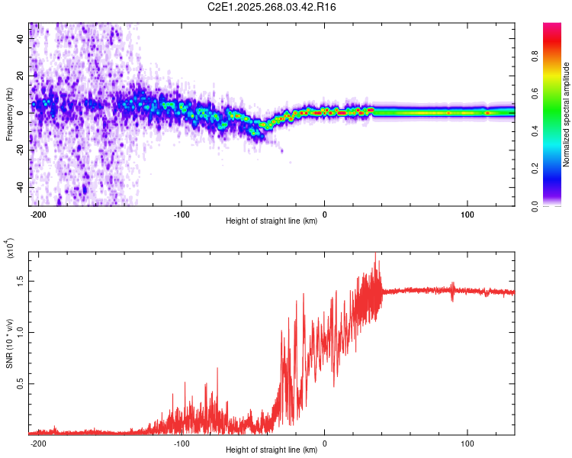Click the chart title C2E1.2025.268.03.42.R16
(x=272, y=7)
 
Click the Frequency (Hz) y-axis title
(x=8, y=114)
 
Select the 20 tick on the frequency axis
(x=21, y=76)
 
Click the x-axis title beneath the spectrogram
(x=272, y=221)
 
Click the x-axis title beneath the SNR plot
(x=272, y=450)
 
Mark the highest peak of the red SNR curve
(x=375, y=253)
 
